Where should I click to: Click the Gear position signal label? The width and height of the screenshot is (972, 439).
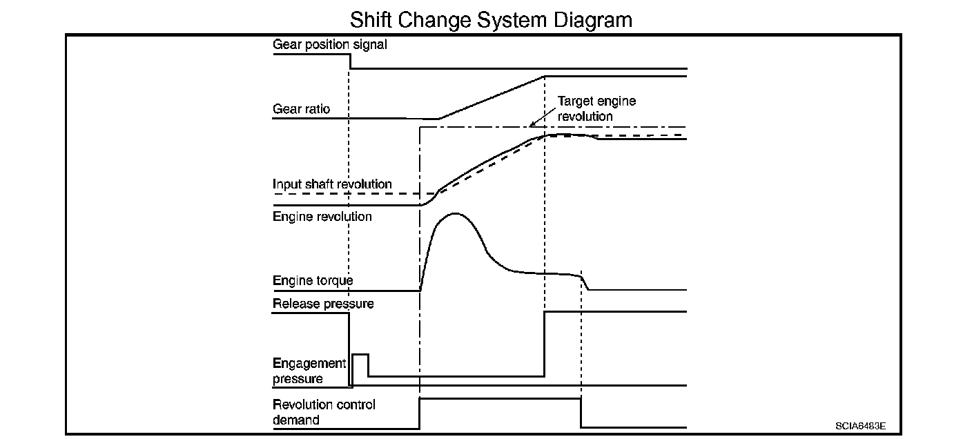[x=330, y=45]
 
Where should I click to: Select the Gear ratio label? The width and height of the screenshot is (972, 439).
[x=302, y=109]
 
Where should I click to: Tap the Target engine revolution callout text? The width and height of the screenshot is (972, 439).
[x=596, y=109]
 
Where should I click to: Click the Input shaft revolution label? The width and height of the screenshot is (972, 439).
[x=332, y=184]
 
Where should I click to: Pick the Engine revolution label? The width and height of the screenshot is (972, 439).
[x=322, y=217]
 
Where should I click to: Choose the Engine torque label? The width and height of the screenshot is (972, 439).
[x=313, y=280]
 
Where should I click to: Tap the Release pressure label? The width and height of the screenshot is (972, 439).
[x=323, y=304]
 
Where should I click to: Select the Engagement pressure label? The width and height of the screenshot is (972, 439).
[x=309, y=371]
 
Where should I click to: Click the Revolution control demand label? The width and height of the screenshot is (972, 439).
[x=324, y=412]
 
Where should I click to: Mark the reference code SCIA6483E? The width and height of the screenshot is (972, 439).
[x=860, y=425]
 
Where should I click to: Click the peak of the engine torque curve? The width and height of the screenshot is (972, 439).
[x=454, y=214]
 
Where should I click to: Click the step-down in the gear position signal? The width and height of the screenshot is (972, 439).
[x=350, y=61]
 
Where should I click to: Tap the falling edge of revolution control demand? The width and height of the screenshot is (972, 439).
[x=581, y=413]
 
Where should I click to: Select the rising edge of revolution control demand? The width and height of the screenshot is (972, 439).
[x=420, y=413]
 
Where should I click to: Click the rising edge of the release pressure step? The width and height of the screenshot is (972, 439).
[x=545, y=344]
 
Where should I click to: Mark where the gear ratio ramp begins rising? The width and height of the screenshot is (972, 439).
[x=440, y=119]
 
